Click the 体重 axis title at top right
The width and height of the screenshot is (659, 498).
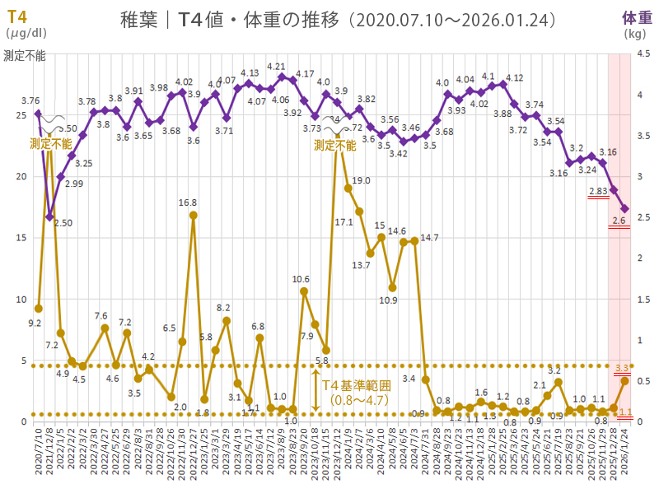pos(635,18)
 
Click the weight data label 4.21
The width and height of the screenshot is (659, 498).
pos(276,67)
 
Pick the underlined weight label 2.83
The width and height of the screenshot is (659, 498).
pos(598,191)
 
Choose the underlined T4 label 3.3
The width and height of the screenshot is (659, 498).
pos(623,368)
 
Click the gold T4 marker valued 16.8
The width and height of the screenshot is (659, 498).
pos(193,216)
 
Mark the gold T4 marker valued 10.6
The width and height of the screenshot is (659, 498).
pos(303,291)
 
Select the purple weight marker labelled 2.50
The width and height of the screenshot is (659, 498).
pos(49,217)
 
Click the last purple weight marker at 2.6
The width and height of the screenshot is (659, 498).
pos(624,209)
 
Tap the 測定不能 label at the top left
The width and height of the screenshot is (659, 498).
pos(25,56)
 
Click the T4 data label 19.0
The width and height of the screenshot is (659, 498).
pos(361,180)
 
